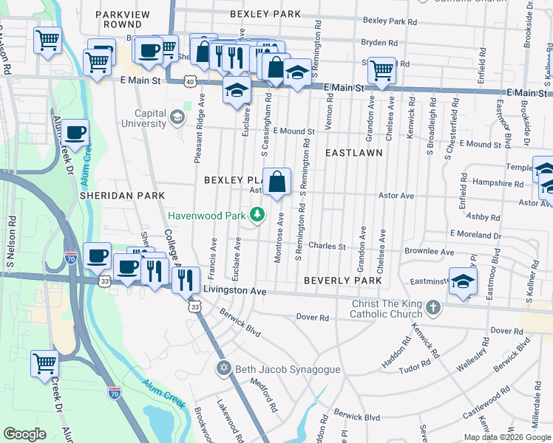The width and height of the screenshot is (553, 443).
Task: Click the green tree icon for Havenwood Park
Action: pos(257,216)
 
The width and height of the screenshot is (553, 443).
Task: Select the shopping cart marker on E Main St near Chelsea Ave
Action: pos(381,72)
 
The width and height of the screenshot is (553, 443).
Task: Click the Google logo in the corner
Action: pos(25,434)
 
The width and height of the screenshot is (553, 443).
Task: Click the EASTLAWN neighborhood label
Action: pos(353,153)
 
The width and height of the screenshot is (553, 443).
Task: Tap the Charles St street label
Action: pos(328,246)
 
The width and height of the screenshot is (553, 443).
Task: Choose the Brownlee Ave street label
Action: pos(430,252)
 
